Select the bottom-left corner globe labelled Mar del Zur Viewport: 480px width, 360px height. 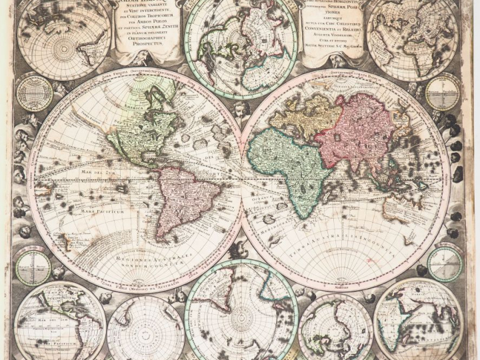59,323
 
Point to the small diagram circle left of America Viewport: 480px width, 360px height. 35,92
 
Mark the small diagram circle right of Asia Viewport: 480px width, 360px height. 443,93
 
